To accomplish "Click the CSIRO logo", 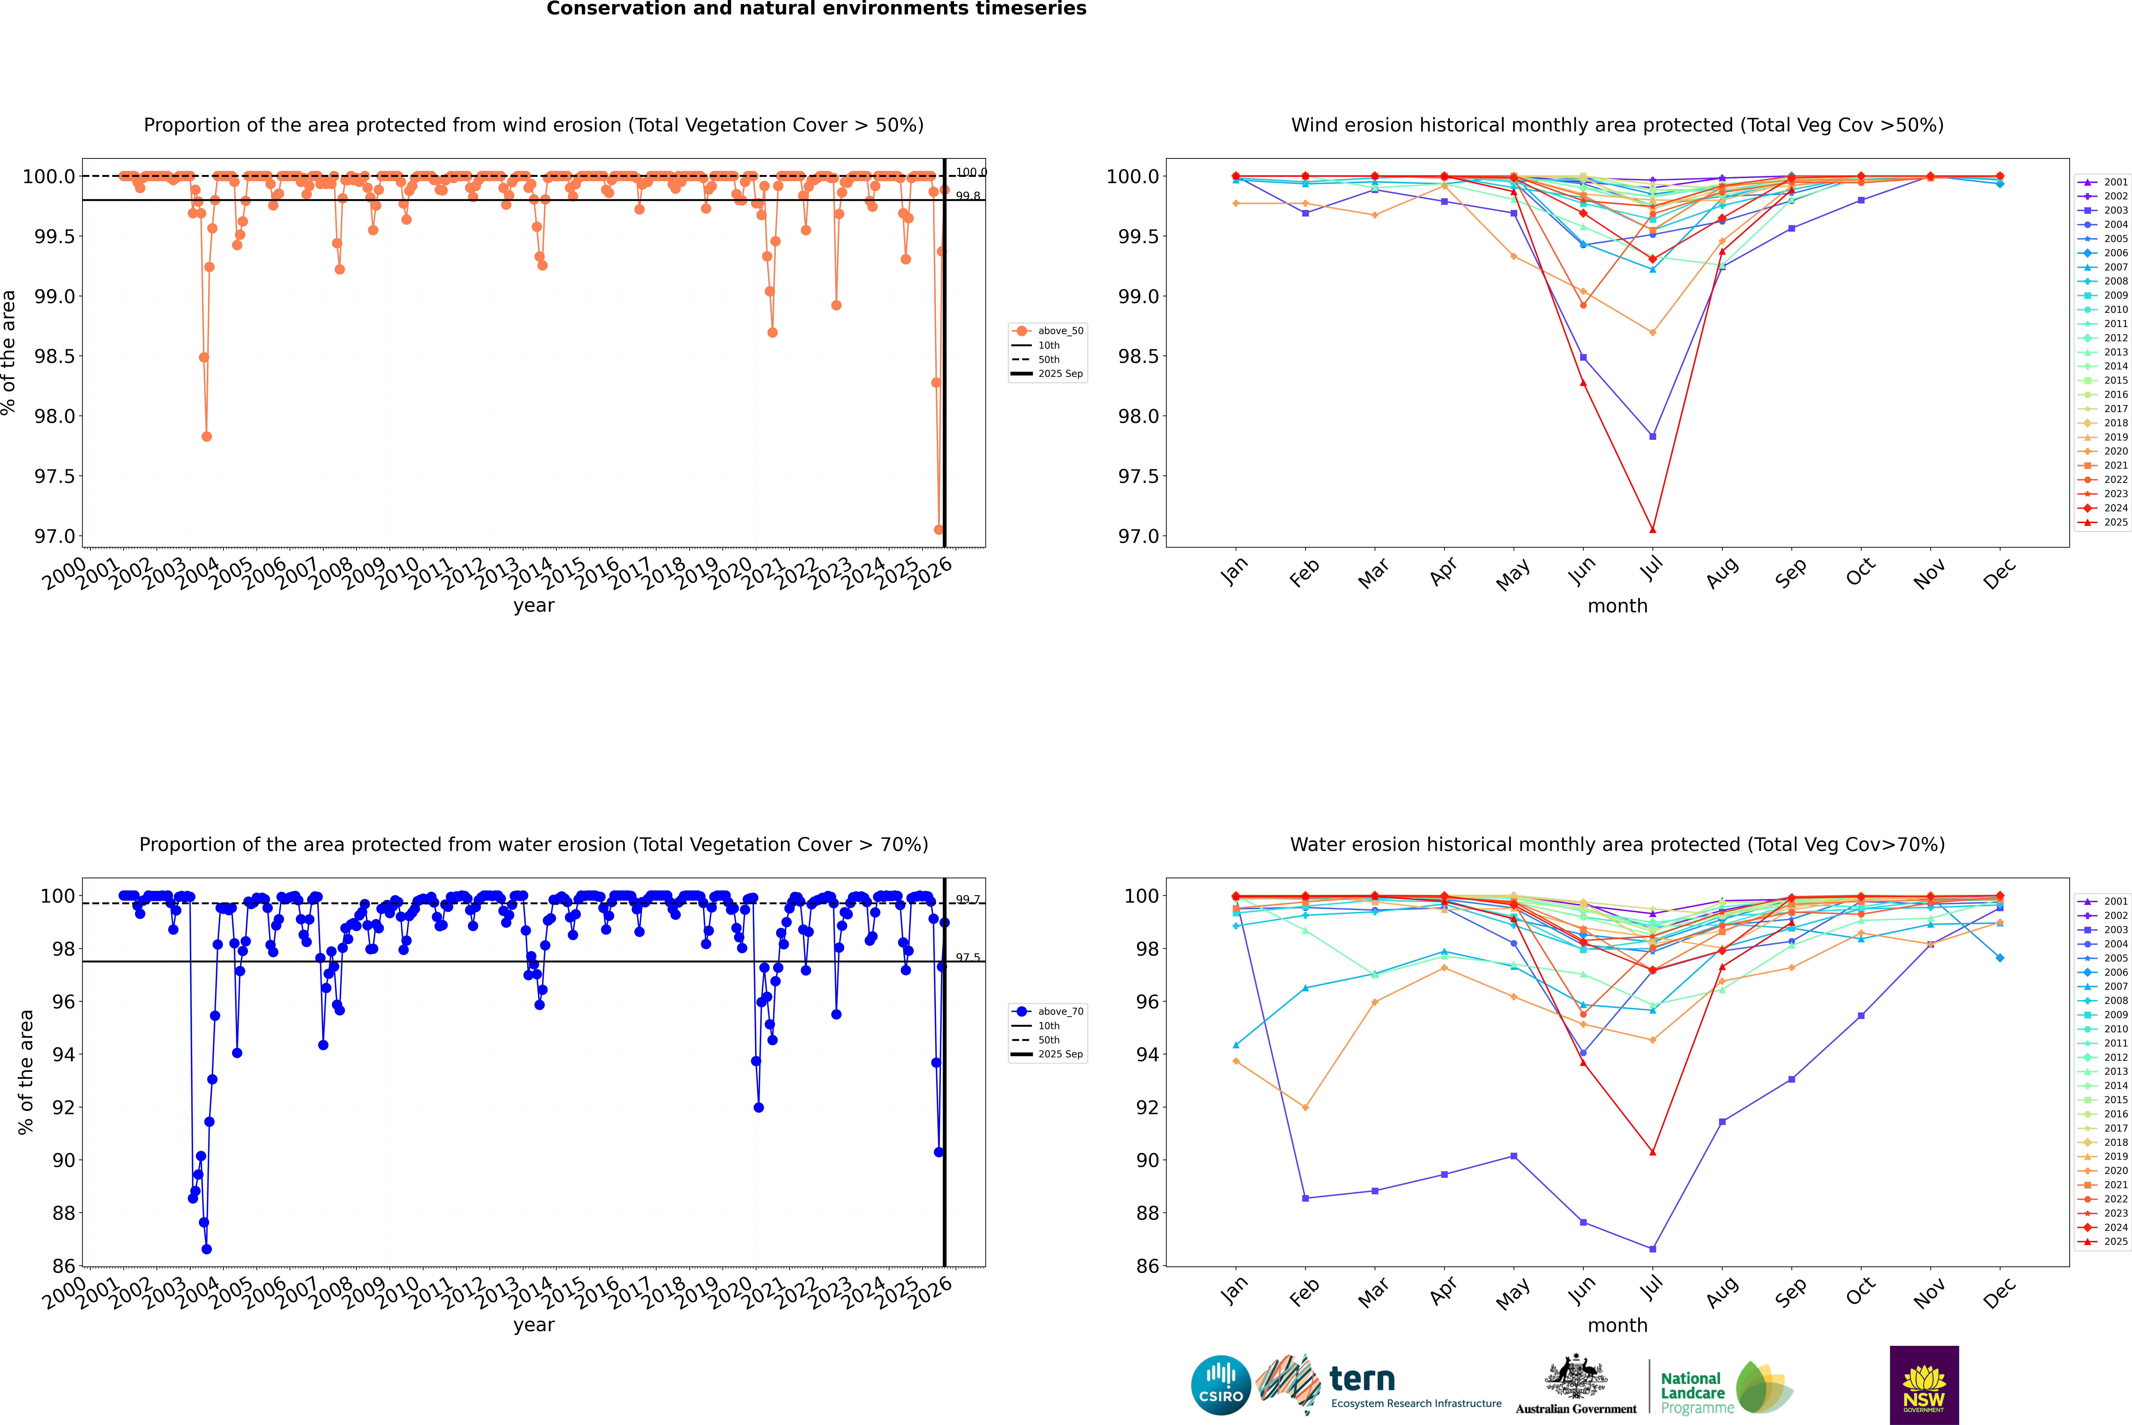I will coord(1221,1385).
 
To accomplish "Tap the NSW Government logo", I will coord(1924,1385).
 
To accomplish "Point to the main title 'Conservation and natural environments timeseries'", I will coord(816,9).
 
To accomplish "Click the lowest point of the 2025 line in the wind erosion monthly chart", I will coord(1652,530).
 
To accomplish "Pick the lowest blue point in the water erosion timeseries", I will coord(206,1249).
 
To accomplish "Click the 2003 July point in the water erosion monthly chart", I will coord(1652,1249).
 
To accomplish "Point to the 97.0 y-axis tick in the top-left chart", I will coord(55,536).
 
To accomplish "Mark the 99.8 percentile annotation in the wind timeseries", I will coord(968,196).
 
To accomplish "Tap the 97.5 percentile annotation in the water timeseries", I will coord(968,958).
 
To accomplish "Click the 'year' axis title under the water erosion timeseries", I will coord(533,1325).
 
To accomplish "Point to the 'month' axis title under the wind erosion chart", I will coord(1617,606).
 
